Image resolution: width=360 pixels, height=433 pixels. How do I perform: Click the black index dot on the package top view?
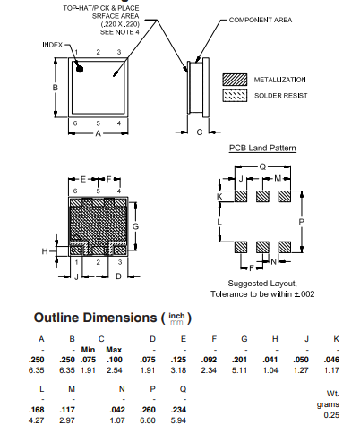point(79,67)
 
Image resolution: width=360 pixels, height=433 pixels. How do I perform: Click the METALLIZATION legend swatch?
point(235,79)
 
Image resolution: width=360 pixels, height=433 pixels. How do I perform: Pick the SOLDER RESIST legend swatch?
point(235,94)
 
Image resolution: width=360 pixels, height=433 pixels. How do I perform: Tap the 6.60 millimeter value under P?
point(152,420)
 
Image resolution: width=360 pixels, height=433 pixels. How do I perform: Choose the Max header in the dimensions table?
point(114,349)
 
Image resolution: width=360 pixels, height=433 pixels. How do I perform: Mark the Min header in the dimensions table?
point(89,349)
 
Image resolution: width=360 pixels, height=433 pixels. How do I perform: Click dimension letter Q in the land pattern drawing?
point(261,166)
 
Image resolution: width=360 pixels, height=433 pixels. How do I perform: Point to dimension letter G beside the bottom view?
point(135,226)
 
